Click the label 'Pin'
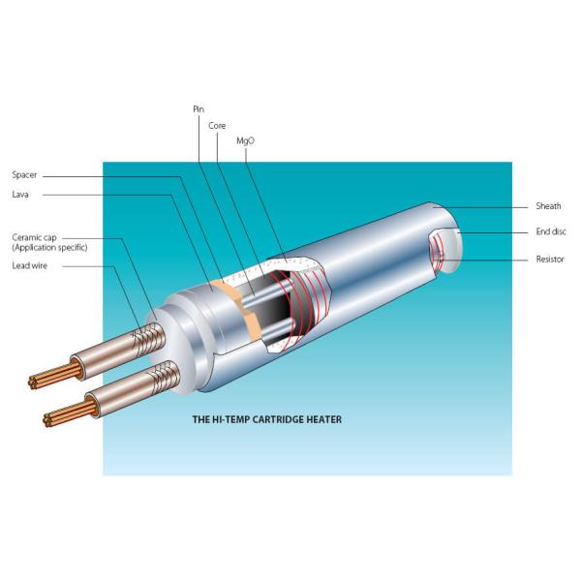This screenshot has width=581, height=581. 199,109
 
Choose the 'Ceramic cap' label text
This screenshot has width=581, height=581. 33,237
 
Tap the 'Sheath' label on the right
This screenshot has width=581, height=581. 548,206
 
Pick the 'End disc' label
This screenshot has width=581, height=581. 550,232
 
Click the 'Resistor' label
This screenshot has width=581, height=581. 549,259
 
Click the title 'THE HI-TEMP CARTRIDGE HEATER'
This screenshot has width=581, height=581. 268,420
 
